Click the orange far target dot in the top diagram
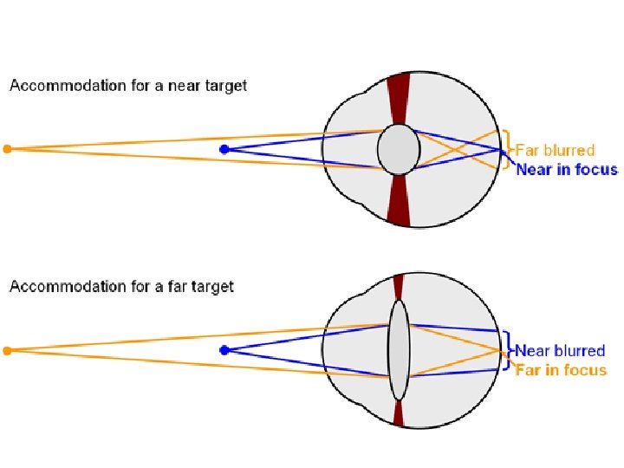point(7,149)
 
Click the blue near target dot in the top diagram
point(224,149)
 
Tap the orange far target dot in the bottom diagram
point(7,350)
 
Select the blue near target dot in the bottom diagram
point(224,350)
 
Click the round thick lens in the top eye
point(398,149)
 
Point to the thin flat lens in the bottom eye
point(398,350)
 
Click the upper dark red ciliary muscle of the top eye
point(398,97)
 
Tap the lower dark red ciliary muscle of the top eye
point(398,201)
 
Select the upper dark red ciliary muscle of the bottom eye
point(398,287)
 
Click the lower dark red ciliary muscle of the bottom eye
point(398,413)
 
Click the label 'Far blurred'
point(556,151)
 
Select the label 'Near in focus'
point(567,169)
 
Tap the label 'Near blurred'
point(560,351)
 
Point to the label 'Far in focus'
point(561,370)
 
